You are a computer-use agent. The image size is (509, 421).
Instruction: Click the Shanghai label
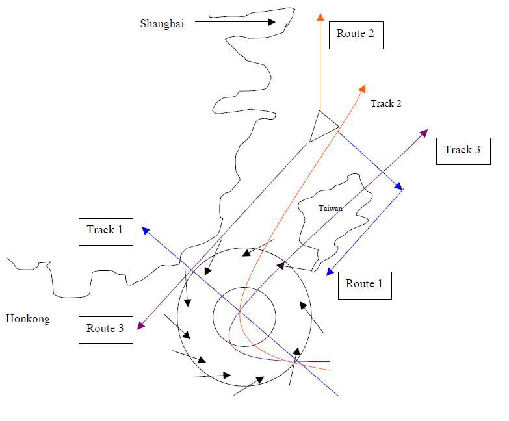[x=162, y=24]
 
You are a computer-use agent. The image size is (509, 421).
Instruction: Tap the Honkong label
[x=27, y=318]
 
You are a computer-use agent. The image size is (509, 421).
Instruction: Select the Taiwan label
[x=330, y=209]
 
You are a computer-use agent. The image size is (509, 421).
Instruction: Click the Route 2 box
[x=356, y=34]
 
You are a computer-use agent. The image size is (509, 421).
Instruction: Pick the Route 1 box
[x=365, y=284]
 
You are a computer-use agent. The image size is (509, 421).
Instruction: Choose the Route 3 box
[x=105, y=329]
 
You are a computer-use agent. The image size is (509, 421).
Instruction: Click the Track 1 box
[x=105, y=230]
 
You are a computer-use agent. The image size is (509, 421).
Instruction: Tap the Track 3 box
[x=463, y=150]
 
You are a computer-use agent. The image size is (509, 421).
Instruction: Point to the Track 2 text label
[x=385, y=103]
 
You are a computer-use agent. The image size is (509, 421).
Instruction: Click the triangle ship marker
[x=321, y=126]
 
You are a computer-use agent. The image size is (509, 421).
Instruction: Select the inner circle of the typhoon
[x=244, y=317]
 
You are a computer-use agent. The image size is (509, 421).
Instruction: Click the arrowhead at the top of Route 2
[x=320, y=16]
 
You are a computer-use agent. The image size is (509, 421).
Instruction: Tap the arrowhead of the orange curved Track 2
[x=362, y=88]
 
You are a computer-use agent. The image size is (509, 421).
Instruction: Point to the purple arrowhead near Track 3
[x=424, y=133]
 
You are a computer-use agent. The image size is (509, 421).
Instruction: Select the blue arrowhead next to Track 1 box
[x=146, y=230]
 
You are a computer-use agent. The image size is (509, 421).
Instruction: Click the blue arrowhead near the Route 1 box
[x=330, y=272]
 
